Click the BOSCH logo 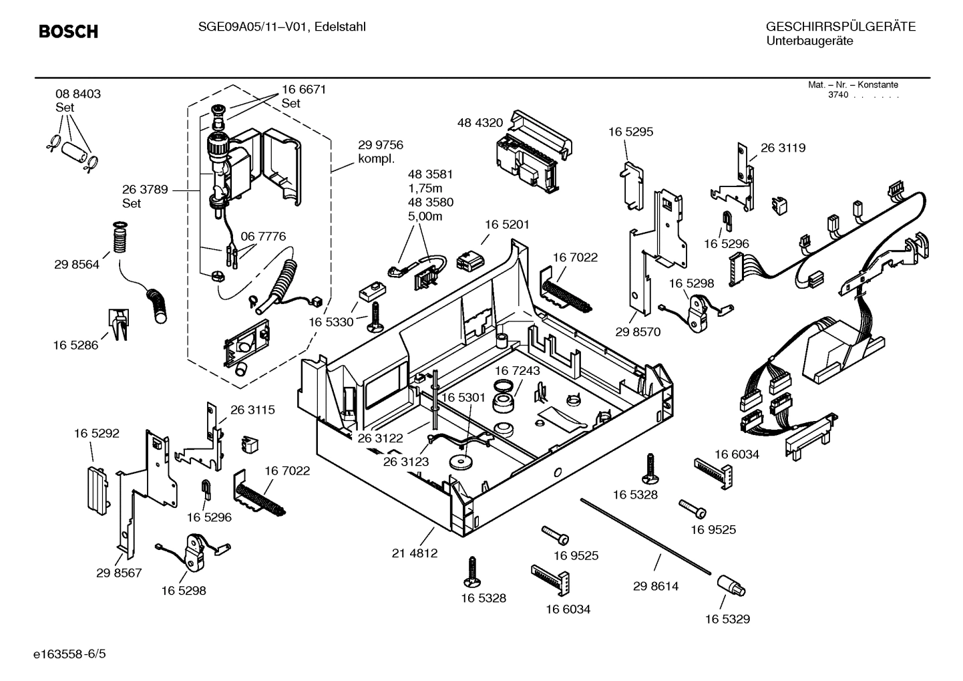68,31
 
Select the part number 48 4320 479,123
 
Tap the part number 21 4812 415,553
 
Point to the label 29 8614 655,586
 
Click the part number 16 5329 727,619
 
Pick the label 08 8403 78,94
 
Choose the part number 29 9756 380,145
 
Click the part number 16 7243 518,370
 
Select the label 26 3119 783,148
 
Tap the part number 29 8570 637,331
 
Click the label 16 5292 97,433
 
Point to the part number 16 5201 507,225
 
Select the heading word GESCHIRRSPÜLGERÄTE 840,27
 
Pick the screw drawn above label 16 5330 375,315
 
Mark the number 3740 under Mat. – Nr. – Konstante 837,95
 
